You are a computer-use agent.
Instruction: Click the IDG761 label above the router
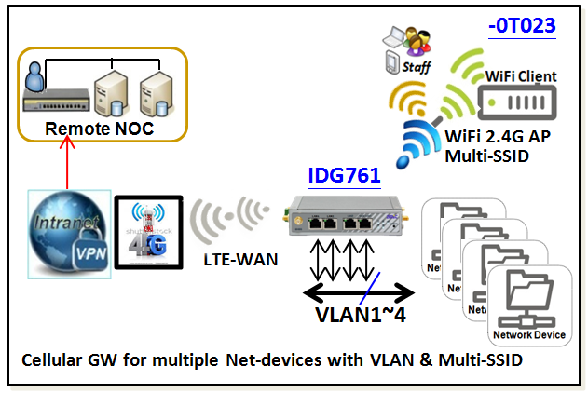tap(343, 174)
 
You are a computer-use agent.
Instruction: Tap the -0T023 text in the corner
tap(522, 25)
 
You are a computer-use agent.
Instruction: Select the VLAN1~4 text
tap(357, 313)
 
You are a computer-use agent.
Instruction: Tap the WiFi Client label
tap(521, 75)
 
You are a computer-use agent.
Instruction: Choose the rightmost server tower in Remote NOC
tap(157, 94)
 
